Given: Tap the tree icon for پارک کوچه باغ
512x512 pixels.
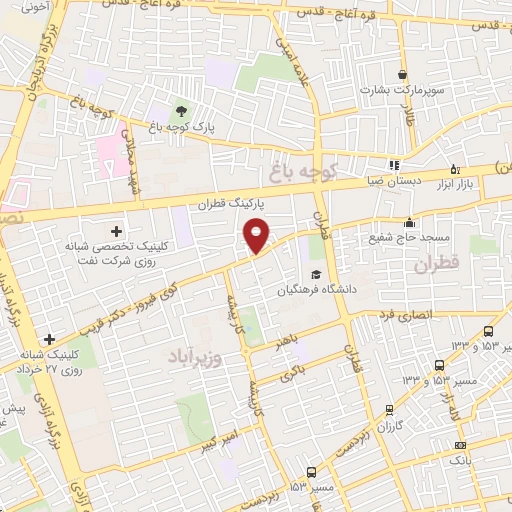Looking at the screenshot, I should coord(182,111).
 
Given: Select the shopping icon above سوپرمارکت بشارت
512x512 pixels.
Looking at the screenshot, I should coord(402,75).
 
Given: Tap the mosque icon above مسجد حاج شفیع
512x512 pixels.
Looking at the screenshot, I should coord(409,222).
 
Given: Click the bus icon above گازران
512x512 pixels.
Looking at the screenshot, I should coord(389,410).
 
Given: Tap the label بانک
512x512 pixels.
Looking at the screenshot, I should coord(459,461).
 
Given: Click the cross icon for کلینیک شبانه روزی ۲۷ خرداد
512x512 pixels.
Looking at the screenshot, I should coord(48,340).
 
